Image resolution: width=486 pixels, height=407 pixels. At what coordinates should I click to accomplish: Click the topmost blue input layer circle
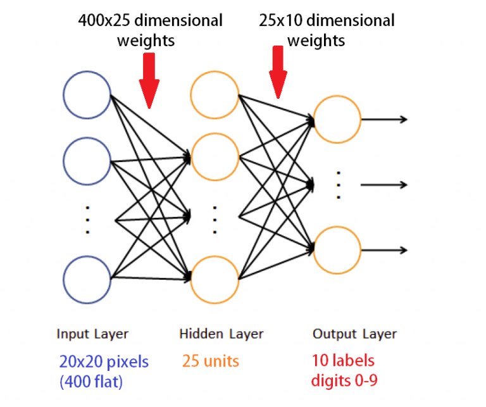[87, 96]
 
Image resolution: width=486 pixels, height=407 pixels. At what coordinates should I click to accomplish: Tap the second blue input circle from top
[87, 161]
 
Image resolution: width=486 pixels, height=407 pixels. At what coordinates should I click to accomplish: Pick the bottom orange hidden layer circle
[215, 277]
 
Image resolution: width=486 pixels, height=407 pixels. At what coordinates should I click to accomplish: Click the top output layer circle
[337, 119]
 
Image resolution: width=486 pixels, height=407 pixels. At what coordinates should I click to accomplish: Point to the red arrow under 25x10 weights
[278, 73]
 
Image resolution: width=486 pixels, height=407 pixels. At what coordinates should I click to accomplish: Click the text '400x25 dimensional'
[150, 20]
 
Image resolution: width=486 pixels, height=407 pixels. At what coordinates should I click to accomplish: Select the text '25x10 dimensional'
[327, 20]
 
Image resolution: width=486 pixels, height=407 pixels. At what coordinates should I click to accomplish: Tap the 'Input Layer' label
[92, 334]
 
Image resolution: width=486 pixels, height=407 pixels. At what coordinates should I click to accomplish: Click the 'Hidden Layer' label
[221, 334]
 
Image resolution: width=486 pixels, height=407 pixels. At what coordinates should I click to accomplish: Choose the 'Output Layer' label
[354, 334]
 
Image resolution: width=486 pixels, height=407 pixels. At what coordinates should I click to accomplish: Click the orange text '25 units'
[211, 361]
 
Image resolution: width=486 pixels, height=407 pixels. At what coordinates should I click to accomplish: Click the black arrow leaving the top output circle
[384, 119]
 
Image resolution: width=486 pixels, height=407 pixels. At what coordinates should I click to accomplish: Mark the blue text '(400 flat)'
[92, 381]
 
